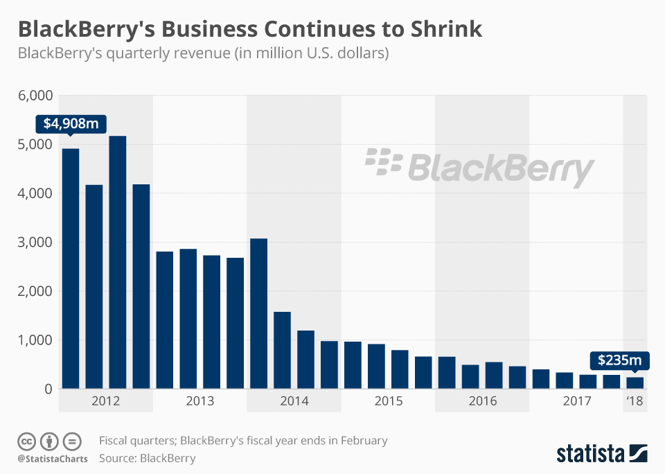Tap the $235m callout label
pyautogui.click(x=616, y=360)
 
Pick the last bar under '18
pyautogui.click(x=635, y=383)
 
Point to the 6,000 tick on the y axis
pyautogui.click(x=35, y=96)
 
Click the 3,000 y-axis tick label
pyautogui.click(x=35, y=243)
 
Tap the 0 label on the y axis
pyautogui.click(x=48, y=389)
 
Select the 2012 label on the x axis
pyautogui.click(x=106, y=401)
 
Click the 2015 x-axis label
pyautogui.click(x=389, y=401)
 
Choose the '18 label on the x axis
pyautogui.click(x=635, y=401)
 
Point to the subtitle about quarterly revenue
pyautogui.click(x=202, y=53)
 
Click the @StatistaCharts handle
pyautogui.click(x=53, y=459)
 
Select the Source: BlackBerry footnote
pyautogui.click(x=148, y=458)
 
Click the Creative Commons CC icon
pyautogui.click(x=27, y=441)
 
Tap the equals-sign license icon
pyautogui.click(x=72, y=441)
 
